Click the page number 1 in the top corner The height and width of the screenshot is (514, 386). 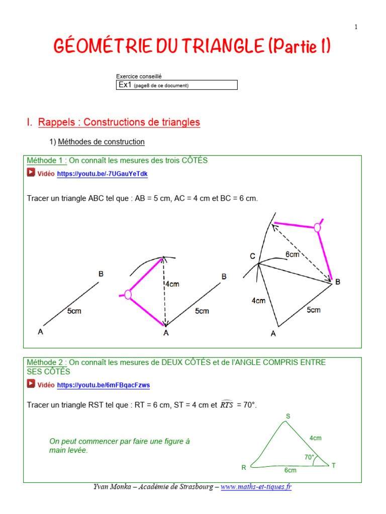(356, 27)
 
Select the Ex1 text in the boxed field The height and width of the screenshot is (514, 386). (125, 85)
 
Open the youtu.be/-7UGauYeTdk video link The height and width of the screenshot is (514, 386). (103, 174)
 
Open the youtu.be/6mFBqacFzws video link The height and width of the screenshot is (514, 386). (104, 385)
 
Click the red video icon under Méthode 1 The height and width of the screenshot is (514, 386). (31, 173)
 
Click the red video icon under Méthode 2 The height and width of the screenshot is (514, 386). (31, 384)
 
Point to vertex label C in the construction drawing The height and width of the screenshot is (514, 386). (253, 256)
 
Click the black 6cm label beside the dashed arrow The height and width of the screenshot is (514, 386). (293, 254)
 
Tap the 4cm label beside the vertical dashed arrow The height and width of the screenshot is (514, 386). (172, 284)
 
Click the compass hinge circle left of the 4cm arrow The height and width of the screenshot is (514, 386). (128, 295)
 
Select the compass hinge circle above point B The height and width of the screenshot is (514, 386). (317, 227)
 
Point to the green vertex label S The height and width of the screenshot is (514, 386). (288, 416)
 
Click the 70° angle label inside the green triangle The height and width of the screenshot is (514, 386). (309, 457)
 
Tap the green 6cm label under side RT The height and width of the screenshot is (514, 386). (290, 470)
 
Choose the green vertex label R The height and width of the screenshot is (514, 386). (244, 467)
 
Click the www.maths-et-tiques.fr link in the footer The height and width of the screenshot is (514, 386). (256, 487)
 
